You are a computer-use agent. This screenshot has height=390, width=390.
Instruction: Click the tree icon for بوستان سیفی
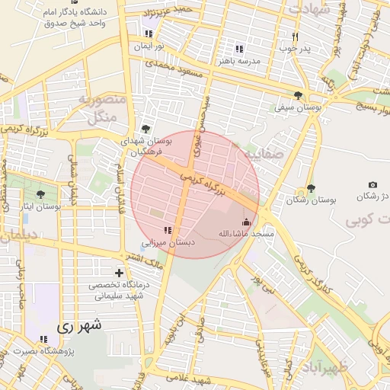pyautogui.click(x=297, y=96)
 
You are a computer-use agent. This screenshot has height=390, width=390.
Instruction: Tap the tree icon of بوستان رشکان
pyautogui.click(x=310, y=188)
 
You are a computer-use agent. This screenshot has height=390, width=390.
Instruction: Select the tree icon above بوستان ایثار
pyautogui.click(x=40, y=195)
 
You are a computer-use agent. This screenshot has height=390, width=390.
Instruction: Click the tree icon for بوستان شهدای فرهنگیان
pyautogui.click(x=145, y=129)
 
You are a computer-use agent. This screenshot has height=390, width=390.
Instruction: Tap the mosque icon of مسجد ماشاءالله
pyautogui.click(x=245, y=222)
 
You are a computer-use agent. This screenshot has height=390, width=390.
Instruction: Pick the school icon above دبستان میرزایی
pyautogui.click(x=168, y=230)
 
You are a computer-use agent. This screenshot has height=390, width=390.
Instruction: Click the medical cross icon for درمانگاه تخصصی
pyautogui.click(x=119, y=273)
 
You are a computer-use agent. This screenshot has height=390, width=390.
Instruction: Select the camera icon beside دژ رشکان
pyautogui.click(x=372, y=185)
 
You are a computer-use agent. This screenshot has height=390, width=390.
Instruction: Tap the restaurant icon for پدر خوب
pyautogui.click(x=295, y=37)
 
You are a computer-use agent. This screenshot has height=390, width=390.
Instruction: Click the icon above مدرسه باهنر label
pyautogui.click(x=239, y=49)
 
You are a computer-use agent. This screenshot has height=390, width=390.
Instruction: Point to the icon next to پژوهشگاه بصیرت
pyautogui.click(x=43, y=339)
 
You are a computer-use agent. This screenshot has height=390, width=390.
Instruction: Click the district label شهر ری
pyautogui.click(x=79, y=325)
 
